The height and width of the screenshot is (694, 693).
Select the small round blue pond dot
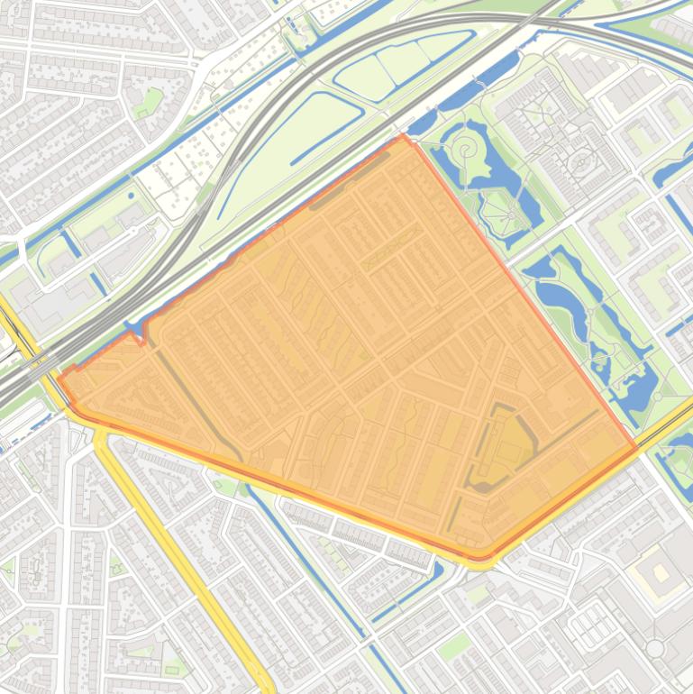[x=132, y=195]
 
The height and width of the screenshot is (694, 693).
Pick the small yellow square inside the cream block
[x=661, y=571]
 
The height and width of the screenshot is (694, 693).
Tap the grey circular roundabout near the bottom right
[x=655, y=648]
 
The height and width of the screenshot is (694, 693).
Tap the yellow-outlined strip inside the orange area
[x=392, y=247]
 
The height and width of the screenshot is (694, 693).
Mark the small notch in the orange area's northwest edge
[x=133, y=335]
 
